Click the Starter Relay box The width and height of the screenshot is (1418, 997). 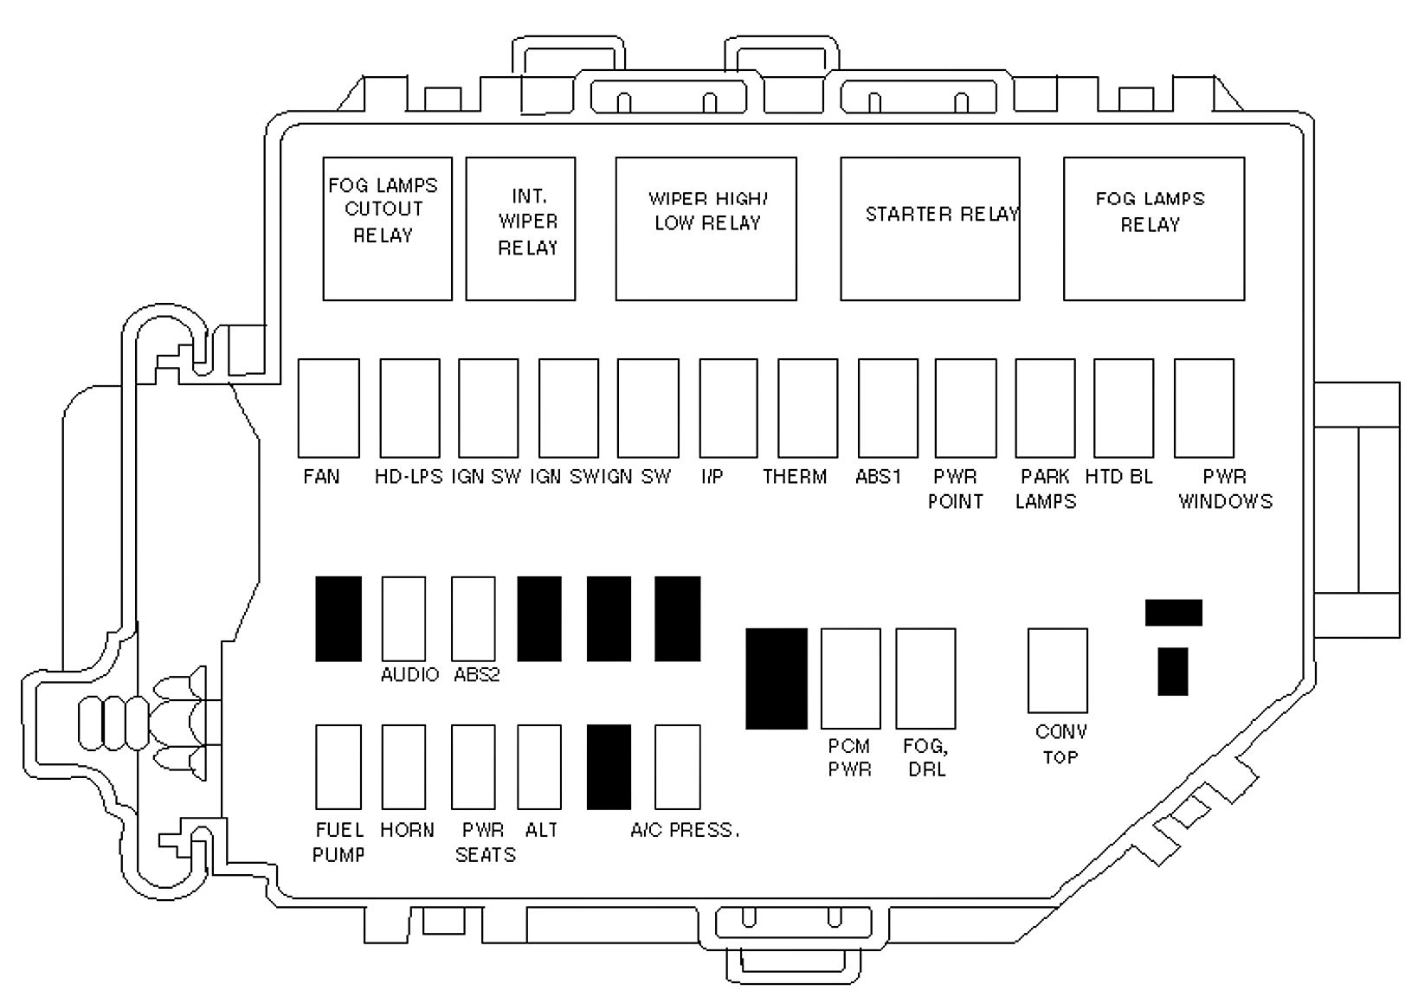[x=930, y=229]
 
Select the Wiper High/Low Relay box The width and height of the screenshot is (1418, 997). [x=706, y=229]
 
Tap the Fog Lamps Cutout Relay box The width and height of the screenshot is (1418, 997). [x=387, y=229]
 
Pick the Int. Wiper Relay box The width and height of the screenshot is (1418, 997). [x=520, y=229]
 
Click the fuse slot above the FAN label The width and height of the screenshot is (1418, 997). [x=328, y=408]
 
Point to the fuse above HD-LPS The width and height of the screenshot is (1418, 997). [x=409, y=408]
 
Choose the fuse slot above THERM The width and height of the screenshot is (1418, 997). [x=808, y=408]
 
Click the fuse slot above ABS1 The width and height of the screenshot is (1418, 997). [x=887, y=408]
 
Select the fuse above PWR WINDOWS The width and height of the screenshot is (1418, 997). [x=1203, y=408]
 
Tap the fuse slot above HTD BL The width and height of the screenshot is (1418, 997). [x=1124, y=408]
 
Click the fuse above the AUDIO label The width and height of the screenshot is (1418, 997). [x=403, y=619]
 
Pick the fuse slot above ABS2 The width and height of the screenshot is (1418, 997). [x=474, y=619]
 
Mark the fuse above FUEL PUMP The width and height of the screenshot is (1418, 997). [x=338, y=767]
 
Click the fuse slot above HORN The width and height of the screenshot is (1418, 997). [x=403, y=767]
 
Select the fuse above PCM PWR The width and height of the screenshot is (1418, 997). [x=850, y=679]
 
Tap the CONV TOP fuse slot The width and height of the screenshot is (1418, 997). [x=1057, y=671]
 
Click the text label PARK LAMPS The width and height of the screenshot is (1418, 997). [x=1045, y=489]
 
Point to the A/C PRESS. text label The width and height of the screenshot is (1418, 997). [x=685, y=831]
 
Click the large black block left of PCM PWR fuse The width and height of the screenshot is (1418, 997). [x=776, y=679]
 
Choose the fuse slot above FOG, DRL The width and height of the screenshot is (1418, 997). [x=925, y=679]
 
